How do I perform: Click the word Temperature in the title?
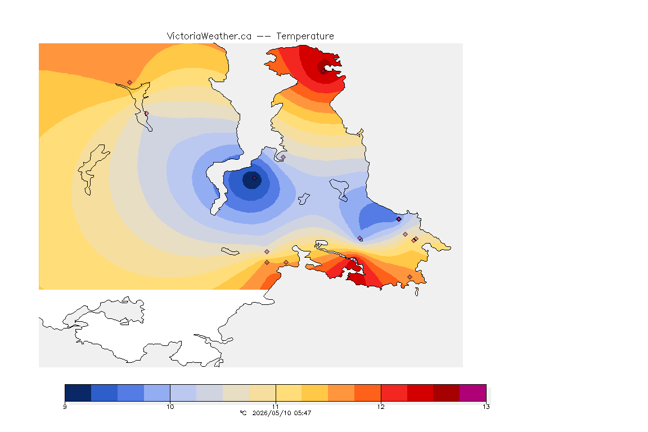(x=305, y=37)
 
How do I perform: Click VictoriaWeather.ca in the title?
(x=209, y=37)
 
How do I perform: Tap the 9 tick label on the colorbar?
(x=65, y=407)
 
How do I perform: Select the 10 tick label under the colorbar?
(x=170, y=407)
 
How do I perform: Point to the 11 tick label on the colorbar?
(x=276, y=407)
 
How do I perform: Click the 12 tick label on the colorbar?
(x=381, y=407)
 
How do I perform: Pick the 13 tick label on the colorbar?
(x=486, y=407)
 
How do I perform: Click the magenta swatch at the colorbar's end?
(x=472, y=393)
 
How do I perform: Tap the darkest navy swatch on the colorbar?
(x=78, y=393)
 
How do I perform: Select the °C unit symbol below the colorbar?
(x=243, y=413)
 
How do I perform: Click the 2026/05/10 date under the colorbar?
(x=271, y=413)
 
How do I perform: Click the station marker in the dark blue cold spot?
(x=255, y=178)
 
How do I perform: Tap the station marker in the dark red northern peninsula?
(x=323, y=71)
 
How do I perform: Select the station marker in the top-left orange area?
(x=130, y=83)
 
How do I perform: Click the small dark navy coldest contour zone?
(x=251, y=180)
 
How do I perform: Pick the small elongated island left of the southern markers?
(x=229, y=251)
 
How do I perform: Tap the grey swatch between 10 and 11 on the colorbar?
(x=209, y=393)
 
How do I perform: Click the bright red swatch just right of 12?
(x=394, y=393)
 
